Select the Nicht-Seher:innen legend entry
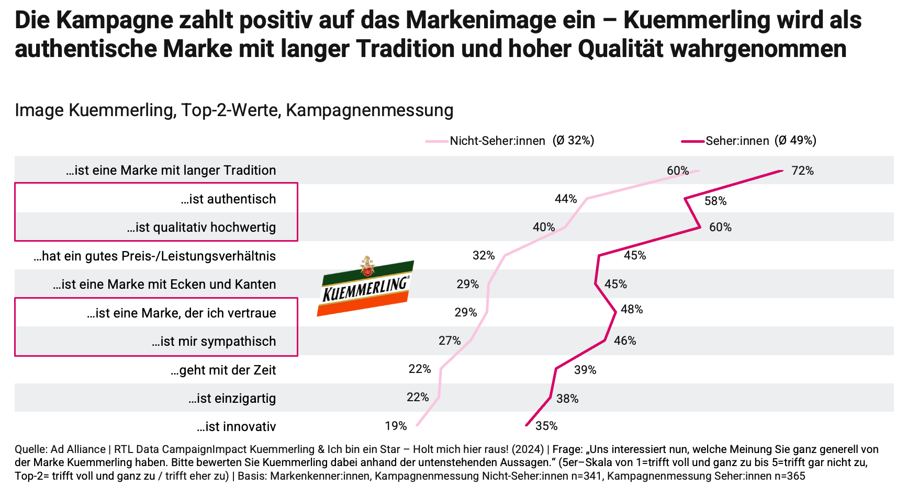(510, 141)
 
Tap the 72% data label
(802, 171)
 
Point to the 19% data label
(396, 426)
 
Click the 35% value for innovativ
(546, 426)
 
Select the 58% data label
(715, 201)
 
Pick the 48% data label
(632, 310)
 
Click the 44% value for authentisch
(566, 199)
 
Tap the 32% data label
(484, 255)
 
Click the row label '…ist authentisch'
(228, 199)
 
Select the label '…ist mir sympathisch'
(214, 342)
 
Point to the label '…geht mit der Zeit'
(223, 370)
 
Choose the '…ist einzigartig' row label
(232, 399)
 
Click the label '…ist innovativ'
(236, 427)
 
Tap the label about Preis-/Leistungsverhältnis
(154, 256)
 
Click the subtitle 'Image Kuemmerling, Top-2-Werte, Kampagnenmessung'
(234, 110)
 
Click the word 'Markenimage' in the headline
(500, 20)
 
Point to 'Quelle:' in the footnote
(31, 449)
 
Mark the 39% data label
(585, 370)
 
